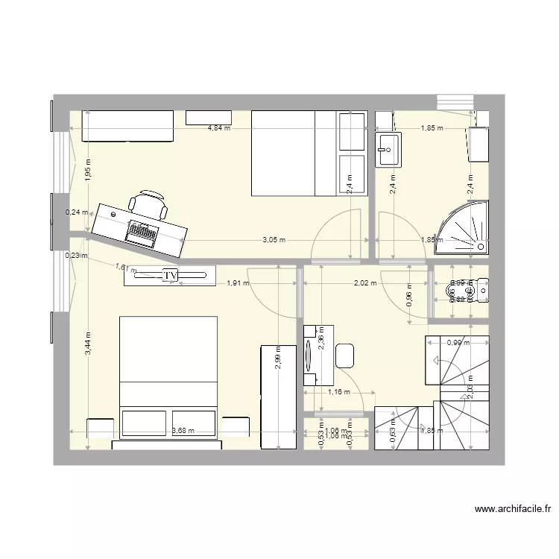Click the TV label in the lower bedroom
(170, 276)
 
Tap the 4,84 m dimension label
(218, 128)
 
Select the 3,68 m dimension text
(183, 430)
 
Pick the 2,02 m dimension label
(365, 282)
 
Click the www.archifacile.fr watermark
(513, 510)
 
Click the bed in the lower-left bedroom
(168, 376)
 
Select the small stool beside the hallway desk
(344, 356)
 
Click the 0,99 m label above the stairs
(458, 343)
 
